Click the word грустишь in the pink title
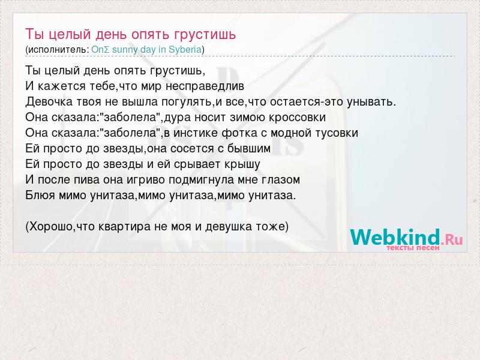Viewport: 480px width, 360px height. [205, 35]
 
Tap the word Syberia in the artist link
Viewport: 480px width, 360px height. [185, 50]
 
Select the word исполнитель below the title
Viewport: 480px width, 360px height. [57, 50]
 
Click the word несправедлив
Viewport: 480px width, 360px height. [205, 86]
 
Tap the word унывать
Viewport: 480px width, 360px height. [371, 102]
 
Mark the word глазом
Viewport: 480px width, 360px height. [281, 179]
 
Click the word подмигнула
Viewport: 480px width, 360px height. [202, 180]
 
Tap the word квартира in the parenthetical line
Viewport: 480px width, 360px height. [125, 227]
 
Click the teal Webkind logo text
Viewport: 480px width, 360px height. [395, 237]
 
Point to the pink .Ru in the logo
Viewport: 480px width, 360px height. [452, 239]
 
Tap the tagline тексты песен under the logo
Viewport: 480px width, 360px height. [413, 248]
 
